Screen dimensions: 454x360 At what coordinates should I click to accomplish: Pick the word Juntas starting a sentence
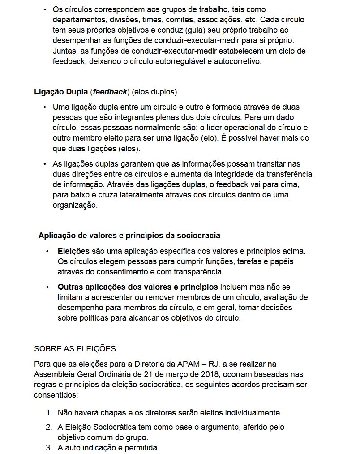[x=64, y=51]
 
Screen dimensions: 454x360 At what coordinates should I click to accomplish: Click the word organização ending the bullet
[x=75, y=206]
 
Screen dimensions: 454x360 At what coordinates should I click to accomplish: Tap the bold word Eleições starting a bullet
[x=74, y=252]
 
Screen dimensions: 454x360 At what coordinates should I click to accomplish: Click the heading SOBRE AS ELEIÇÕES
[x=75, y=348]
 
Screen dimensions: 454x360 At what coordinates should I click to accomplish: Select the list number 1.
[x=49, y=412]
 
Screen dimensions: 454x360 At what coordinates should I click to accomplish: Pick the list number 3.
[x=49, y=448]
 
